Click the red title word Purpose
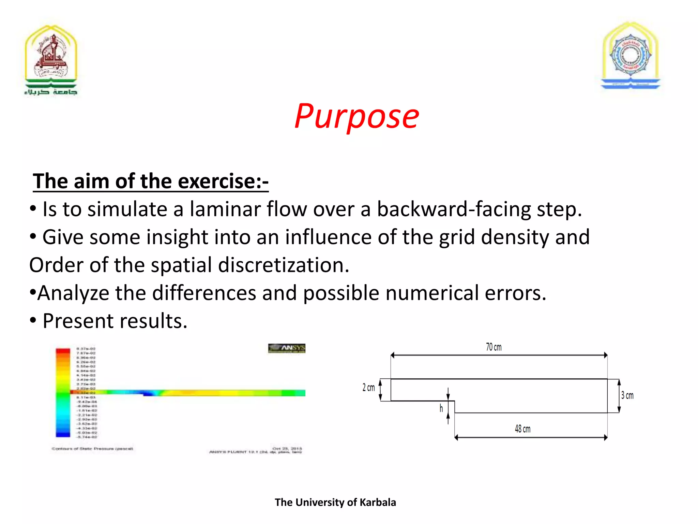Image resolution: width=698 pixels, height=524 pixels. (x=356, y=117)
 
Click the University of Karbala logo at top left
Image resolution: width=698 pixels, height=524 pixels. (x=51, y=60)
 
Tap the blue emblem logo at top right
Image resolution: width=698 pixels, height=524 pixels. (x=631, y=56)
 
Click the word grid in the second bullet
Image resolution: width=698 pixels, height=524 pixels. (x=457, y=237)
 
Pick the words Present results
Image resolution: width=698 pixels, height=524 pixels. (x=115, y=321)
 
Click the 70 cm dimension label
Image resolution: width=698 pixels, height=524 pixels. (x=494, y=347)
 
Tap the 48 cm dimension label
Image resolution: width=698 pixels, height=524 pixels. (x=522, y=429)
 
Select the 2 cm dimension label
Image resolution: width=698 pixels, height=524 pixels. (x=368, y=388)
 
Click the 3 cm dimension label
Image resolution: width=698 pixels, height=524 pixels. (x=627, y=395)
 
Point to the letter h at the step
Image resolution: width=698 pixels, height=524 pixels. (x=441, y=408)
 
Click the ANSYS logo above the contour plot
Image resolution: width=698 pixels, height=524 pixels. (x=287, y=348)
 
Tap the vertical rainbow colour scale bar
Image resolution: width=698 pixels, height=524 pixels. (x=63, y=392)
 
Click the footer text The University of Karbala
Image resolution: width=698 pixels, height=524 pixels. (x=335, y=502)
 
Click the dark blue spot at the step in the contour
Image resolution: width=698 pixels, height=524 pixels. (x=149, y=394)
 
